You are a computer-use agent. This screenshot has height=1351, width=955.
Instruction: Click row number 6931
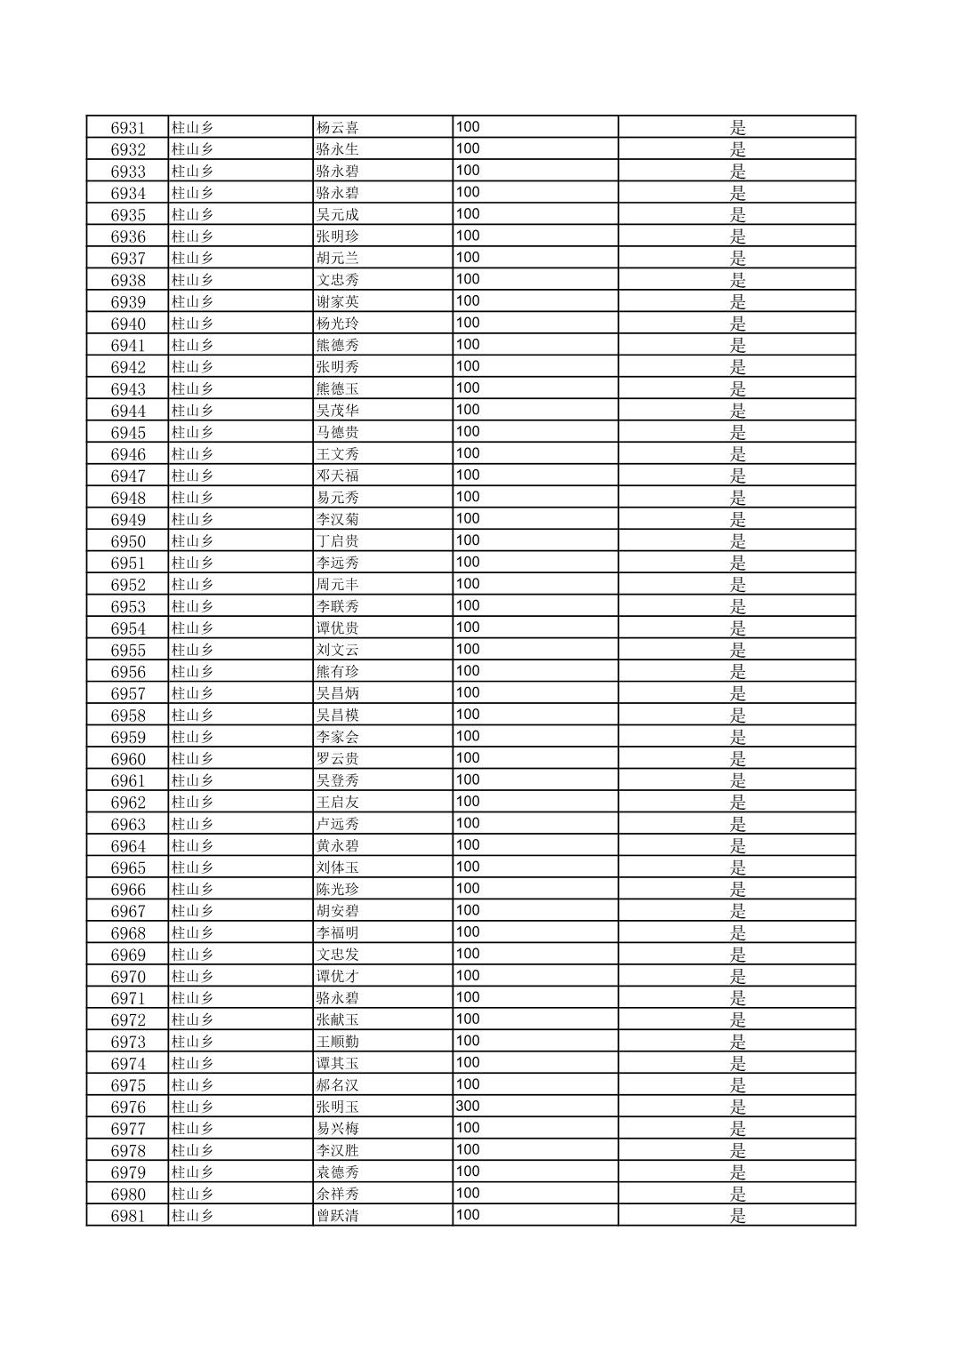[128, 127]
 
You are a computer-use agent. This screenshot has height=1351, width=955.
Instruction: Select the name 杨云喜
[337, 127]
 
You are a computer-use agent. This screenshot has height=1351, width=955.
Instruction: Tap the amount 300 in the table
[468, 1107]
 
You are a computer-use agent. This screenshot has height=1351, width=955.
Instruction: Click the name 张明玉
[337, 1107]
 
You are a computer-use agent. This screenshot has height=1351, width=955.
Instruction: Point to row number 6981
[128, 1216]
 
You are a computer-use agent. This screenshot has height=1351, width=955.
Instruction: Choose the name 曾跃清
[337, 1216]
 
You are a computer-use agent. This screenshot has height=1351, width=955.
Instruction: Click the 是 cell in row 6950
[737, 541]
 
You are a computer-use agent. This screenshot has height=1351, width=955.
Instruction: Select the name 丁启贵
[337, 541]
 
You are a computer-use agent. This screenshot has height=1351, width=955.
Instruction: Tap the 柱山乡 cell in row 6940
[192, 324]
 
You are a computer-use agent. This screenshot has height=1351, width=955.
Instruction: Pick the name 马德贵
[337, 432]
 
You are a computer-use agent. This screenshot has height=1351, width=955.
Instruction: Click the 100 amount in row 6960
[468, 758]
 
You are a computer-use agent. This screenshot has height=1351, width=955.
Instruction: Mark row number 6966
[128, 889]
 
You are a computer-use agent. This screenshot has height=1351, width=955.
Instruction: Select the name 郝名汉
[337, 1085]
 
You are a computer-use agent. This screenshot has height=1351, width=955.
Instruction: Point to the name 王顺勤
[337, 1042]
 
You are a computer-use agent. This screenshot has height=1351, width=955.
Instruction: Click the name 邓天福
[337, 476]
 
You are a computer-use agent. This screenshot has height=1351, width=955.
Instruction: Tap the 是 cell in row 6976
[737, 1107]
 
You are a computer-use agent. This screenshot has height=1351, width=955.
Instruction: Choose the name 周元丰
[337, 585]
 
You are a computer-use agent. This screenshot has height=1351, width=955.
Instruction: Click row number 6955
[128, 650]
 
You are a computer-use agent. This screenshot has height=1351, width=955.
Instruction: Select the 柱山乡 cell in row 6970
[192, 976]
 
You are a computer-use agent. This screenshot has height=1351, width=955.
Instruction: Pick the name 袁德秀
[337, 1172]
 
